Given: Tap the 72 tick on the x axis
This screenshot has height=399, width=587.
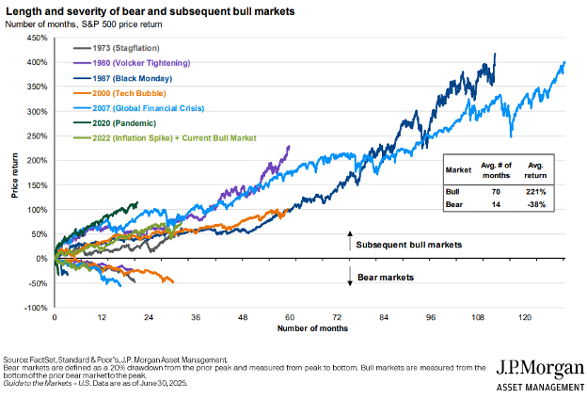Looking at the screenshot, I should [337, 318].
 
